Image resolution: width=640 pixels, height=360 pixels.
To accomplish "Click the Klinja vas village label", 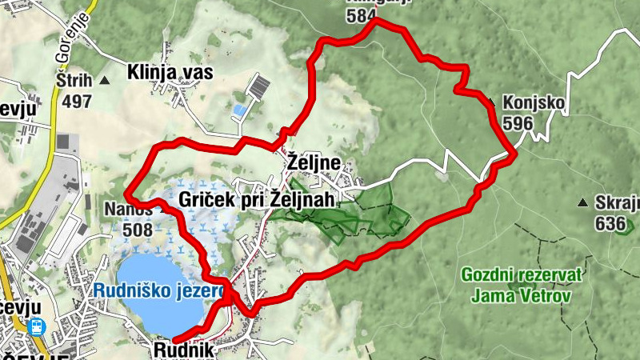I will (x=170, y=73).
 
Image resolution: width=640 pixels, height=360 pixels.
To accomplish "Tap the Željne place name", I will (x=314, y=165).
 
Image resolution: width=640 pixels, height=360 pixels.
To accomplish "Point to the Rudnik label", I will (x=184, y=350).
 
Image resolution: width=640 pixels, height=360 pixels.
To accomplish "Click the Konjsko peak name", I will (x=534, y=103).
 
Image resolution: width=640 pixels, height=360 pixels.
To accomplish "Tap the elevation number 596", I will (x=518, y=122).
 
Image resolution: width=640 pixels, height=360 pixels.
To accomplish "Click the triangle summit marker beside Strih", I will (x=105, y=81).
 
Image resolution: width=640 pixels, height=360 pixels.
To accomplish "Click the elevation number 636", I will (x=610, y=223).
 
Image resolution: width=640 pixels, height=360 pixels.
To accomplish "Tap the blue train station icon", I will (x=35, y=326).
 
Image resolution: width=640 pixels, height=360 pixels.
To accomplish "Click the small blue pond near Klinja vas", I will (x=239, y=109).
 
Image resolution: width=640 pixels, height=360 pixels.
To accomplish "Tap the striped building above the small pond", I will (x=258, y=85).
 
